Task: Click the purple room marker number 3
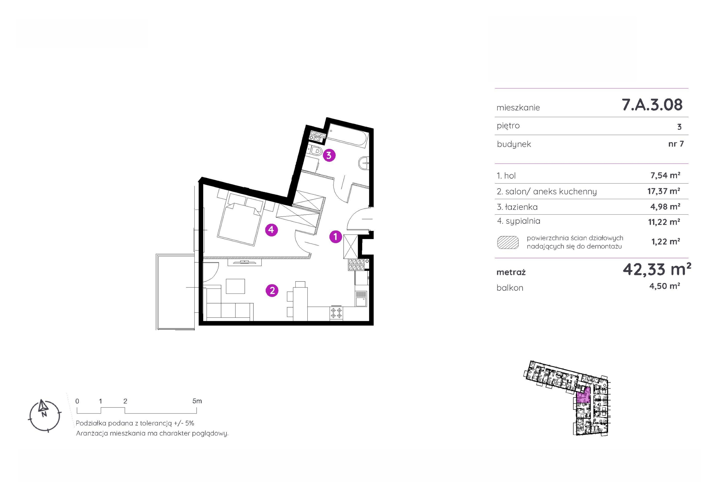tap(329, 155)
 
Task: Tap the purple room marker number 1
tap(335, 237)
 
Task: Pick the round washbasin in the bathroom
tap(364, 162)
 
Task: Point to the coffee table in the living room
tap(235, 286)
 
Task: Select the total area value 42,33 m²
tap(657, 269)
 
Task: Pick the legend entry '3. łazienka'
tap(517, 207)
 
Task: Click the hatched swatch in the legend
tap(508, 243)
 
